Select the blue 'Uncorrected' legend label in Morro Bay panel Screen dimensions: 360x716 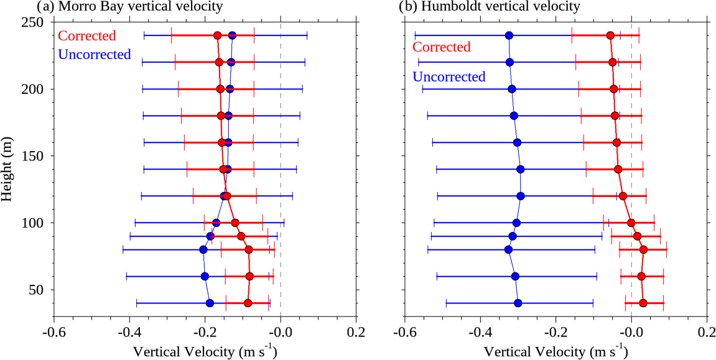95,54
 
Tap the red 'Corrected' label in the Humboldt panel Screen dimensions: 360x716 442,47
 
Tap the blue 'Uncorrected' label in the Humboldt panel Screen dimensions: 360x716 449,77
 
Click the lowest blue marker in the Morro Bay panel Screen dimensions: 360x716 210,303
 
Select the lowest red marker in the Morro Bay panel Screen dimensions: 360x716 248,303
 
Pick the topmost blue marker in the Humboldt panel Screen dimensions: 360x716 509,35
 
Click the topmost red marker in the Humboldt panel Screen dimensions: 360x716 610,35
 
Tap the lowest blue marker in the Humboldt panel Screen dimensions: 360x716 518,303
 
